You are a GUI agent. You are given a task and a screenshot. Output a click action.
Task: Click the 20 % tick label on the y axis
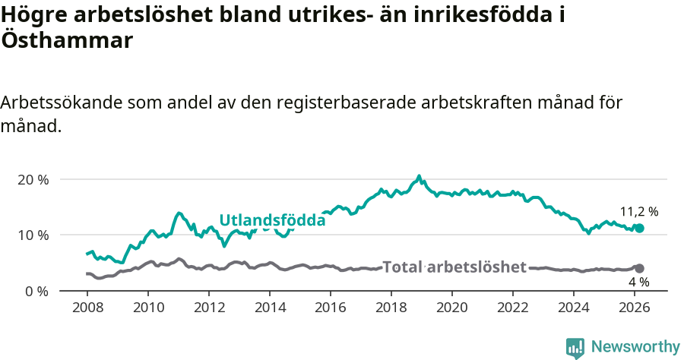pyautogui.click(x=33, y=180)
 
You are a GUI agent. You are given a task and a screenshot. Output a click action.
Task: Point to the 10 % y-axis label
pyautogui.click(x=33, y=235)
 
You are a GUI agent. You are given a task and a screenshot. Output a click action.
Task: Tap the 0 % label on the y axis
pyautogui.click(x=36, y=291)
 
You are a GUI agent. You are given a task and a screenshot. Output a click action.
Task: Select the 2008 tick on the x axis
pyautogui.click(x=87, y=308)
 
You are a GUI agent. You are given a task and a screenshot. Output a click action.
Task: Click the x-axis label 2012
pyautogui.click(x=209, y=308)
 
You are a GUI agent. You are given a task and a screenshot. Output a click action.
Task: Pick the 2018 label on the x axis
pyautogui.click(x=391, y=308)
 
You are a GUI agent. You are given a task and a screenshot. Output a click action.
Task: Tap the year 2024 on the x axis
pyautogui.click(x=574, y=308)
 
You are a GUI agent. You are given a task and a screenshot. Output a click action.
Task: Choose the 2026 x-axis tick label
pyautogui.click(x=635, y=308)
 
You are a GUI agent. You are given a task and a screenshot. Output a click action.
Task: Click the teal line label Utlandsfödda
pyautogui.click(x=272, y=220)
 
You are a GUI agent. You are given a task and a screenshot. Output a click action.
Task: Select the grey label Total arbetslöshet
pyautogui.click(x=454, y=267)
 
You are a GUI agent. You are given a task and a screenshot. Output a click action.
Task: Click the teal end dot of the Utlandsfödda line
pyautogui.click(x=639, y=228)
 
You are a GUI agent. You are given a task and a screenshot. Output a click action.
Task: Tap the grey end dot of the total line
pyautogui.click(x=639, y=268)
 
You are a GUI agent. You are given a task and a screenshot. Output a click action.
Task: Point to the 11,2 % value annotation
pyautogui.click(x=639, y=212)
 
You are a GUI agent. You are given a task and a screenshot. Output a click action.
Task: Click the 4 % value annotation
pyautogui.click(x=638, y=283)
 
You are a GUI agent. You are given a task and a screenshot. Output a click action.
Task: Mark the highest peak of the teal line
pyautogui.click(x=419, y=176)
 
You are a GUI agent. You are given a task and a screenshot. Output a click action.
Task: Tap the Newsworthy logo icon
pyautogui.click(x=575, y=348)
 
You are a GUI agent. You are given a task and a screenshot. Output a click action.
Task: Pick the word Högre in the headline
pyautogui.click(x=32, y=14)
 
